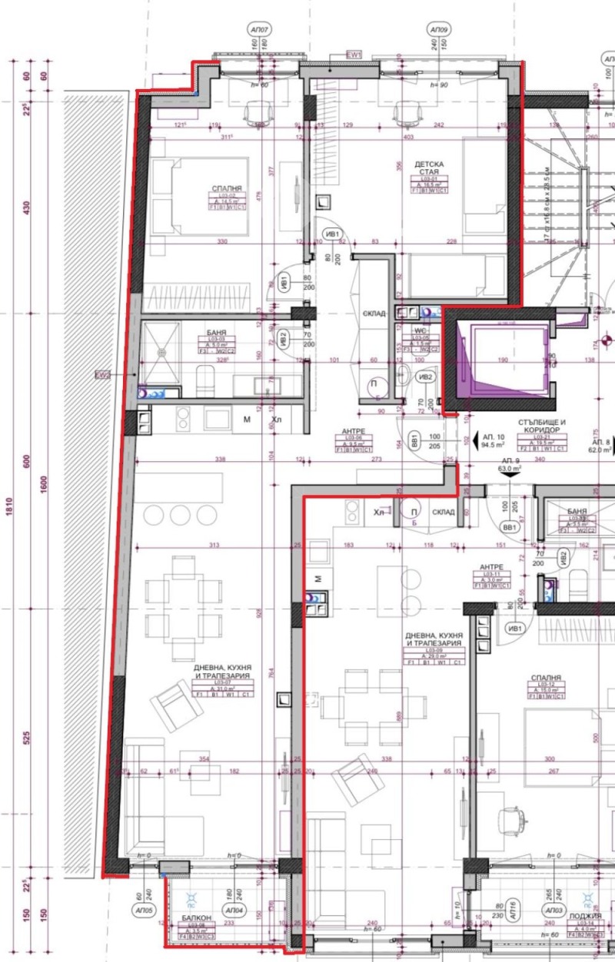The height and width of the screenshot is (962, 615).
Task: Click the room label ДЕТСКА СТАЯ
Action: [427, 168]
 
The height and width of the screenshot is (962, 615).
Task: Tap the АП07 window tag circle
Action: [260, 30]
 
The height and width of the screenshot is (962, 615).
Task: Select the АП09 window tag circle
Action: [440, 30]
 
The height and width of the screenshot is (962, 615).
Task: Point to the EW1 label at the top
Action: [354, 55]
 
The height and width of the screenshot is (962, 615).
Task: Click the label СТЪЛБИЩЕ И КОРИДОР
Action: [542, 426]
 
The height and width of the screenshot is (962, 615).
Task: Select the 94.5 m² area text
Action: [493, 444]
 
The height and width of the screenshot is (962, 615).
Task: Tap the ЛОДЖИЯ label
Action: [586, 918]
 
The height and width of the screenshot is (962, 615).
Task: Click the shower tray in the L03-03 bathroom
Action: [161, 353]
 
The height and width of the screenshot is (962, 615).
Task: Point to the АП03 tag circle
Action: [552, 911]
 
